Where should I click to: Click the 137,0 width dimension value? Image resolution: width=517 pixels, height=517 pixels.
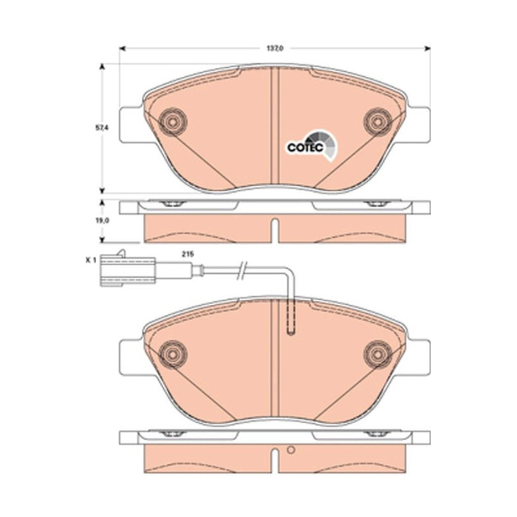tap(275, 49)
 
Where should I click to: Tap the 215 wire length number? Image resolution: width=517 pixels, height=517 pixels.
tap(188, 254)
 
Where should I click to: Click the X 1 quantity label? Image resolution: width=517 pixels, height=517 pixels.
tap(90, 260)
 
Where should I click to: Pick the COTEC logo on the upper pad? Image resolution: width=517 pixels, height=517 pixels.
tap(312, 145)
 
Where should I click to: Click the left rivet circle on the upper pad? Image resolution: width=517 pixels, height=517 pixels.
tap(172, 122)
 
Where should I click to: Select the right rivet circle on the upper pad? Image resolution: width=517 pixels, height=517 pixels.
tap(377, 122)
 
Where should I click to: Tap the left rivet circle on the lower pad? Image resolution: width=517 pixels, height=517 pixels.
tap(172, 354)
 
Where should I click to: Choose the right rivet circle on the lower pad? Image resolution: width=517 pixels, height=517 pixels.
tap(377, 354)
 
